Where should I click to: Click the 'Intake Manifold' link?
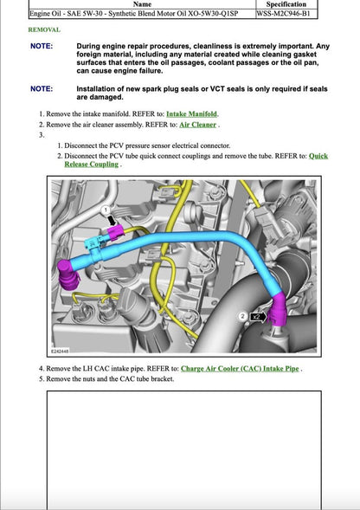[192, 114]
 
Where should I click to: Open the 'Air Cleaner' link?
[197, 125]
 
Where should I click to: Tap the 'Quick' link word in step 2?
[318, 156]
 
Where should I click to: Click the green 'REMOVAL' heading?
[44, 29]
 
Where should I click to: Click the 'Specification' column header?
[286, 4]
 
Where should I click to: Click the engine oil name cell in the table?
[138, 14]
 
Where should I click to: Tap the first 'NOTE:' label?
[41, 46]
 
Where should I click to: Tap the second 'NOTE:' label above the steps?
[41, 88]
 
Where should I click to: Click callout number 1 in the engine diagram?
[106, 210]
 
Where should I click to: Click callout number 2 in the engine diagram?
[243, 318]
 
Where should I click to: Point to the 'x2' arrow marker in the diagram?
[257, 318]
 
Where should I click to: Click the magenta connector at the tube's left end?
[67, 274]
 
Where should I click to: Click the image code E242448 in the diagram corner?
[61, 352]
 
